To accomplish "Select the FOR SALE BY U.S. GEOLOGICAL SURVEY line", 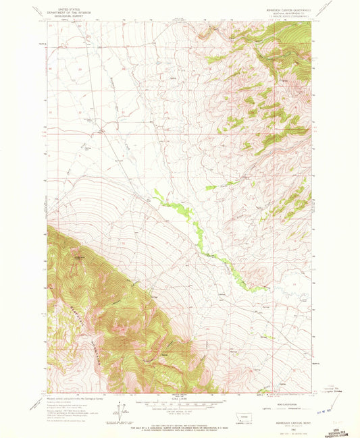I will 179,424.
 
